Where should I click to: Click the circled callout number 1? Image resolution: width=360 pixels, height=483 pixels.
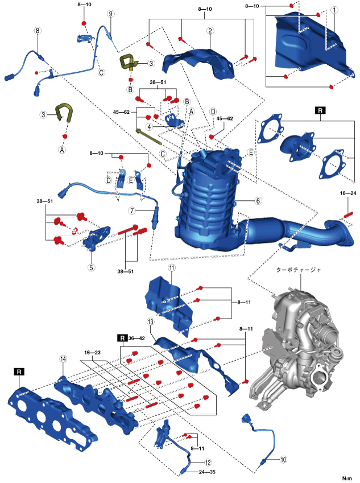(335, 10)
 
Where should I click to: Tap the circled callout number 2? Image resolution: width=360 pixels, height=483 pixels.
(210, 31)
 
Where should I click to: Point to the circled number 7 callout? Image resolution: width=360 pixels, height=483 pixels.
(131, 210)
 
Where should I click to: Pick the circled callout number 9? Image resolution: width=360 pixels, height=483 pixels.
(111, 13)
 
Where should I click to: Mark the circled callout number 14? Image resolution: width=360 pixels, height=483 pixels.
(63, 358)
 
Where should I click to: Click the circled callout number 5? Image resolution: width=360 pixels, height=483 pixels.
(92, 266)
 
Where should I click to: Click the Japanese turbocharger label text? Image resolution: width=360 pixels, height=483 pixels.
(297, 271)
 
